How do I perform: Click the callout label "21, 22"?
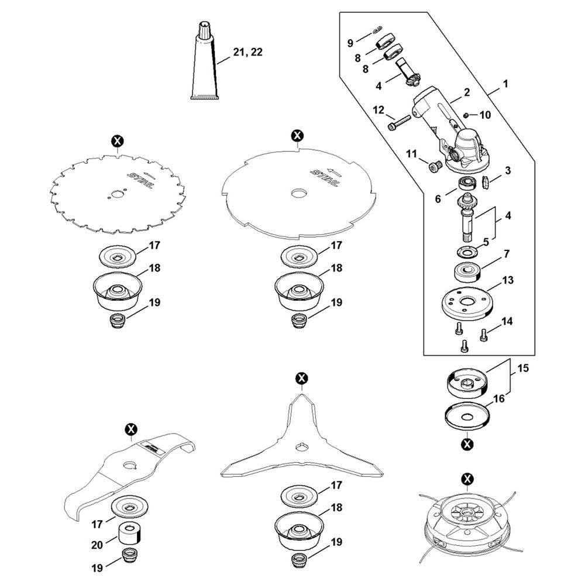[247, 52]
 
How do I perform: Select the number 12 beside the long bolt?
[378, 110]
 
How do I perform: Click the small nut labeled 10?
[466, 115]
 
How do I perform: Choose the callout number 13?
[508, 280]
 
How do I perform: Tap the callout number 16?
[499, 399]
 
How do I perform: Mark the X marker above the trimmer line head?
[467, 479]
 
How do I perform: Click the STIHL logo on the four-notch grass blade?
[325, 178]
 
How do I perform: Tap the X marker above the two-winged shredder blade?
[131, 429]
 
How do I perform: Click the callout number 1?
[506, 84]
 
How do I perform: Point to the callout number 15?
[523, 368]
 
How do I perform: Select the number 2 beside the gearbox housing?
[467, 92]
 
